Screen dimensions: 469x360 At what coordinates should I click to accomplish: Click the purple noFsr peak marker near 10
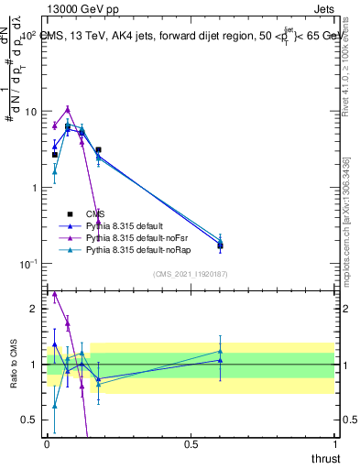click(x=68, y=108)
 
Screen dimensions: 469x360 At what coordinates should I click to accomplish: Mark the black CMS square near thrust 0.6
click(x=220, y=245)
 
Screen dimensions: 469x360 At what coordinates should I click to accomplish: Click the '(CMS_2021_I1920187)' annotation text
click(x=190, y=274)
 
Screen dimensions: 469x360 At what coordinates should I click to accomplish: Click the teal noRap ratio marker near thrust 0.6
click(x=220, y=351)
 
